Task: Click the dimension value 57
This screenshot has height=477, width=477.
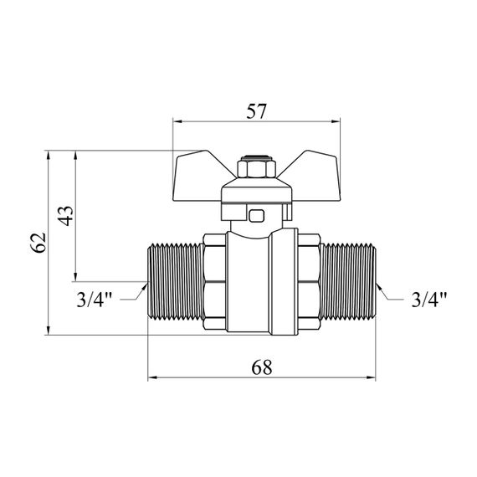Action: pos(256,111)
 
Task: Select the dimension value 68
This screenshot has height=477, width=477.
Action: pos(262,367)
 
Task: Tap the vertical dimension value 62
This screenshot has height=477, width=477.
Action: pos(38,243)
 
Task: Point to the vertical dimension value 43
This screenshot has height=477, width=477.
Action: pos(66,216)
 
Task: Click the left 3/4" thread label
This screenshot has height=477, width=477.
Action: pos(95,300)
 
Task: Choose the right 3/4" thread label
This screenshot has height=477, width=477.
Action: pos(429,300)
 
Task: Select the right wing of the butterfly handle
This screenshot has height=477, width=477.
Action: pos(312,176)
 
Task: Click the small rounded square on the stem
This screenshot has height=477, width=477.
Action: pos(256,216)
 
